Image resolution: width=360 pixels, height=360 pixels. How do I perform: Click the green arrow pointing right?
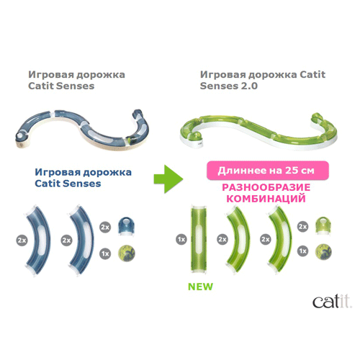(x=168, y=179)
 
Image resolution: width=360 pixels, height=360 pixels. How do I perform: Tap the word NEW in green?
(x=200, y=287)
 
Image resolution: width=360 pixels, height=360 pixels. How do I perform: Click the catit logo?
(x=332, y=302)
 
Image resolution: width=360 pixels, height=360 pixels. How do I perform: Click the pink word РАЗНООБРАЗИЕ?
(x=266, y=187)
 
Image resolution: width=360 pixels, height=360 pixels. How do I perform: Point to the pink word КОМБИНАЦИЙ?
(x=266, y=199)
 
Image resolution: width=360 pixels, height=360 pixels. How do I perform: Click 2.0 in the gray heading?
(x=249, y=86)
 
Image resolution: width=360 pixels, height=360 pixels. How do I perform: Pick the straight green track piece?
(x=199, y=239)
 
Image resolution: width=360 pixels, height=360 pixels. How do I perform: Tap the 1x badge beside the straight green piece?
(x=181, y=239)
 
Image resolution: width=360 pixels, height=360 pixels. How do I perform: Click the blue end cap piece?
(x=127, y=225)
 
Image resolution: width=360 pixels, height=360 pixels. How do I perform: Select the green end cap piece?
(x=323, y=225)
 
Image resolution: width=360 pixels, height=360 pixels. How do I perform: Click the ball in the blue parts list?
(x=127, y=253)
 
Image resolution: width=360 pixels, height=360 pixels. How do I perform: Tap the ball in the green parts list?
(x=323, y=251)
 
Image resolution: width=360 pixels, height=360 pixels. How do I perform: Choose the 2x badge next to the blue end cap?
(x=105, y=227)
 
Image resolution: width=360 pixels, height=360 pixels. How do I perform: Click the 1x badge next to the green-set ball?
(x=303, y=251)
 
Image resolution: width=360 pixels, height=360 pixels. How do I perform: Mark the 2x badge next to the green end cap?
(x=303, y=226)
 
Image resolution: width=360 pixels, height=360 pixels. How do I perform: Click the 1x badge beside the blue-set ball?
(x=105, y=253)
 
